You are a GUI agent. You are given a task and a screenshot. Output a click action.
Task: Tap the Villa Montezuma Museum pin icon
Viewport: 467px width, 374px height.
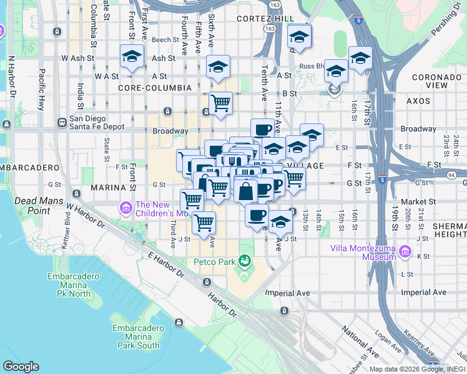pos(406,252)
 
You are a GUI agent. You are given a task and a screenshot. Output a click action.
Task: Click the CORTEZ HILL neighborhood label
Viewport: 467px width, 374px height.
pos(265,19)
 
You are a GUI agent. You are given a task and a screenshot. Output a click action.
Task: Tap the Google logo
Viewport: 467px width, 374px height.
pos(21,367)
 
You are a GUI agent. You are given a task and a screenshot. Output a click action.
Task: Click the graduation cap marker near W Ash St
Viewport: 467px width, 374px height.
pos(132,57)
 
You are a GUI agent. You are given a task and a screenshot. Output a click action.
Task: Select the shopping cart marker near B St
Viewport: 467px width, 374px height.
pos(220,103)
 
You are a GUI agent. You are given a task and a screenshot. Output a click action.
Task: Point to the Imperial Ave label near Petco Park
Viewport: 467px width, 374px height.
pos(288,292)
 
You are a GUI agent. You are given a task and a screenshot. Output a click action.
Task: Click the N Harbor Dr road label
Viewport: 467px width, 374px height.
pos(11,77)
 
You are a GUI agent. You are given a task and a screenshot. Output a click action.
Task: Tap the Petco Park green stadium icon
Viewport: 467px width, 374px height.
pos(243,261)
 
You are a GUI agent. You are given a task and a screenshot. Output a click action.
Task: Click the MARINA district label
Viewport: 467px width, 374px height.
pos(109,187)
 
